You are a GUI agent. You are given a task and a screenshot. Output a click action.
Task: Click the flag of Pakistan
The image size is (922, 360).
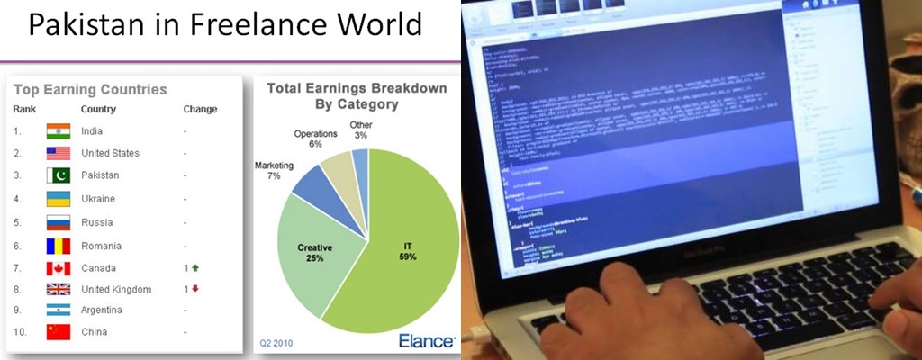58,175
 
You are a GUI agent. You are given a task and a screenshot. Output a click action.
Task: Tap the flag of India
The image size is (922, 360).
58,131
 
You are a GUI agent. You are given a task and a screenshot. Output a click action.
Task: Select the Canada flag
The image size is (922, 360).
58,268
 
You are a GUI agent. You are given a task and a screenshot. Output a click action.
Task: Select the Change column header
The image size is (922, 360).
200,109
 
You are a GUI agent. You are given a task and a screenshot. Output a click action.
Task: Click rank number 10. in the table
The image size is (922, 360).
20,332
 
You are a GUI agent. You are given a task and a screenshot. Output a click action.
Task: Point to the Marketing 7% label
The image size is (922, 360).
274,171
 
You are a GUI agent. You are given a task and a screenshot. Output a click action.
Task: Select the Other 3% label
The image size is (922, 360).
360,130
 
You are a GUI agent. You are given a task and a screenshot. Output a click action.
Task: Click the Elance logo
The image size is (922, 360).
426,340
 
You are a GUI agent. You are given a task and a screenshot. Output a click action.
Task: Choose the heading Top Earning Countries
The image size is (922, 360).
90,89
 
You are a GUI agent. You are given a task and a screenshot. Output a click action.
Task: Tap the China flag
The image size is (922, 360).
58,332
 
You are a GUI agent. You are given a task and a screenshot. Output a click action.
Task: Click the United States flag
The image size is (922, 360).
58,153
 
